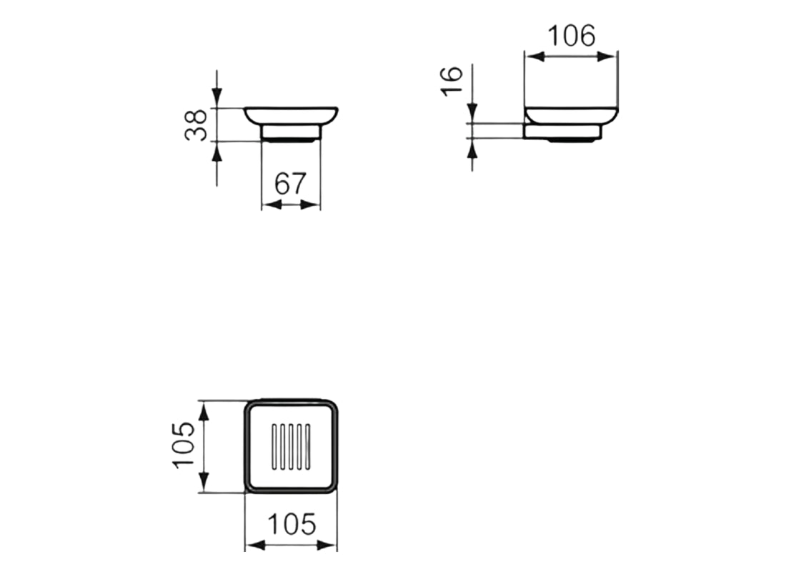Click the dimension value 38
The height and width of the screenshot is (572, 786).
click(196, 125)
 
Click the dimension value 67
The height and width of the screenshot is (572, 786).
click(290, 184)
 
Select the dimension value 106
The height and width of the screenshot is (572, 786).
click(572, 36)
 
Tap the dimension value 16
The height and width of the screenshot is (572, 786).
click(452, 80)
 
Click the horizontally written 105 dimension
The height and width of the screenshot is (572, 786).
click(292, 524)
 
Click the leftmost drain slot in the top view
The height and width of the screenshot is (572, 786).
click(274, 447)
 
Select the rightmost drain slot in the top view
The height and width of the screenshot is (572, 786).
click(308, 447)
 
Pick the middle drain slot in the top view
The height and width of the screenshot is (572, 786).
click(291, 447)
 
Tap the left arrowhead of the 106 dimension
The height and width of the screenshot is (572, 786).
click(534, 56)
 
